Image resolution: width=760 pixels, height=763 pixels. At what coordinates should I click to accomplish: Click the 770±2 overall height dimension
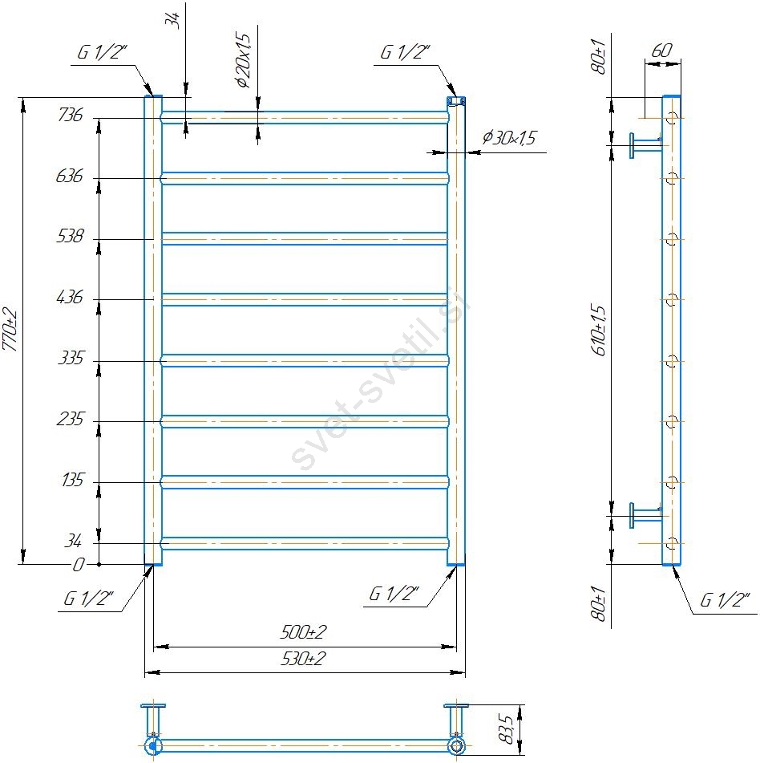pos(10,330)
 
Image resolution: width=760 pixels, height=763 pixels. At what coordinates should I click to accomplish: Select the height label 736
pos(71,115)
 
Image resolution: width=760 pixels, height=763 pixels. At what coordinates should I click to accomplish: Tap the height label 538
pos(71,236)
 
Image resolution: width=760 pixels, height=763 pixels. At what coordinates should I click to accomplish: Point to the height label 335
pos(71,358)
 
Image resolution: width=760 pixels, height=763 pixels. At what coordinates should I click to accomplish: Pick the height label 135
pos(72,481)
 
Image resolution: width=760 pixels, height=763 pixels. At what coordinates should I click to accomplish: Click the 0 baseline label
pos(79,565)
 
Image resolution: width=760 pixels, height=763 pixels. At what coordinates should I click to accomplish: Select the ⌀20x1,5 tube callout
pos(243,60)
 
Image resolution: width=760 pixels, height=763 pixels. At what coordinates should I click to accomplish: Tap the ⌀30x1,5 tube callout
pos(508,138)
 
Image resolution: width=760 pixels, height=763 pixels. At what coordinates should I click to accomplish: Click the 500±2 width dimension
pos(303,632)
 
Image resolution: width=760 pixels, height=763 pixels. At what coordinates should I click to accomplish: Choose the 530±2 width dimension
pos(303,659)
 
